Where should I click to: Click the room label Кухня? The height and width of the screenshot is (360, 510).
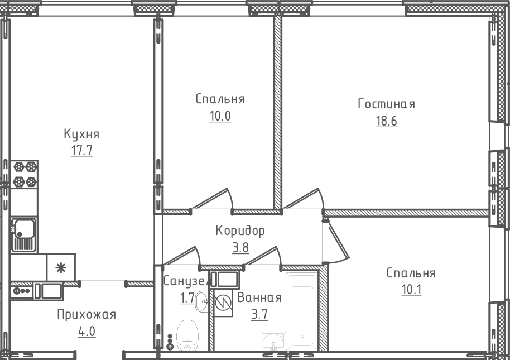click(81, 135)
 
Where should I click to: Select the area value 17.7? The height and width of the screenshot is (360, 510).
click(81, 152)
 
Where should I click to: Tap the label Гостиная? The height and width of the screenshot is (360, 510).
click(386, 104)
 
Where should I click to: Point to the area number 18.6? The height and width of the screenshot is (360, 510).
click(386, 122)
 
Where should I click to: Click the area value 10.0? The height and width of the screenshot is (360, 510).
click(220, 117)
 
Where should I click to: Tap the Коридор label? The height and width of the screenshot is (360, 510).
click(240, 231)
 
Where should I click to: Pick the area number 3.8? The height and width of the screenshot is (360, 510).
click(240, 247)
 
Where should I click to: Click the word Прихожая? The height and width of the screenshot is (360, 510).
click(86, 315)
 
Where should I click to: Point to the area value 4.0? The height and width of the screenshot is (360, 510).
click(86, 332)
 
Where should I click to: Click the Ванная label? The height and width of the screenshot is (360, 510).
click(259, 297)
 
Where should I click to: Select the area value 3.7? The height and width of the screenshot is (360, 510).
click(259, 314)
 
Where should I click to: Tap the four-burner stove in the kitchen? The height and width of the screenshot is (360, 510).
click(25, 174)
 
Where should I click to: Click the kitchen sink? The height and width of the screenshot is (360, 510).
click(24, 234)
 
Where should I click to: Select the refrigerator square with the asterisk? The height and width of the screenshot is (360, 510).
click(60, 267)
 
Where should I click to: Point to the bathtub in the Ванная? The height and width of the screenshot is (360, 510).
click(301, 313)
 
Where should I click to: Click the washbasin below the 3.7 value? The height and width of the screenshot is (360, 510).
click(272, 340)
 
